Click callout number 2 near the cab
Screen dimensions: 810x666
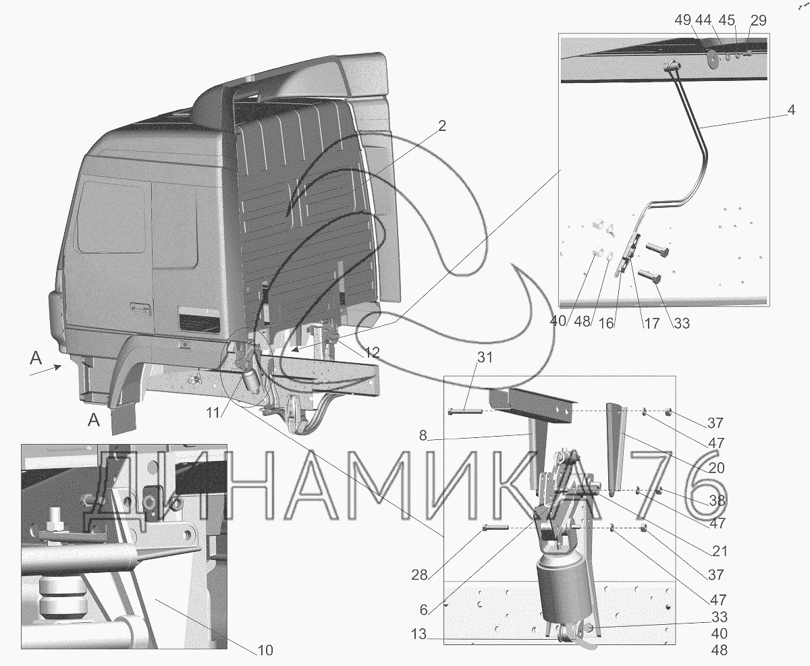click(x=442, y=126)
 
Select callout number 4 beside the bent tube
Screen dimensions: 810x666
click(x=791, y=110)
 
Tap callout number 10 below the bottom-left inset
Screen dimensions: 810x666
click(x=265, y=650)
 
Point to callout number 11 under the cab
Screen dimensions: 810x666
click(x=213, y=413)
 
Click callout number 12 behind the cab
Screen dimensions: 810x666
click(x=372, y=352)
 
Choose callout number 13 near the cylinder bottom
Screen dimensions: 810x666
click(x=418, y=634)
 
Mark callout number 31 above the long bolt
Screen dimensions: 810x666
click(x=485, y=358)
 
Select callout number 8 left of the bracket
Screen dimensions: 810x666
click(x=423, y=435)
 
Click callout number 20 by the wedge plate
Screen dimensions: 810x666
click(x=716, y=468)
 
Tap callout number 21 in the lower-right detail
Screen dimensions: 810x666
click(x=720, y=551)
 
